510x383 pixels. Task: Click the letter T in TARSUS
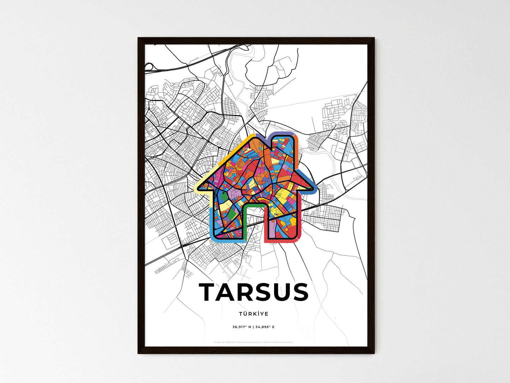click(208, 292)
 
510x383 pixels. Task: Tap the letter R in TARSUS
click(249, 292)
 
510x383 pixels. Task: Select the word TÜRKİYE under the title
click(253, 314)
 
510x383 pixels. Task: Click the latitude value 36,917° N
click(242, 327)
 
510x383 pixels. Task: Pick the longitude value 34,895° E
click(265, 327)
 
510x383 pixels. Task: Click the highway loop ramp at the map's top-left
click(148, 66)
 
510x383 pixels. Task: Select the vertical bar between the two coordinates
click(253, 327)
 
